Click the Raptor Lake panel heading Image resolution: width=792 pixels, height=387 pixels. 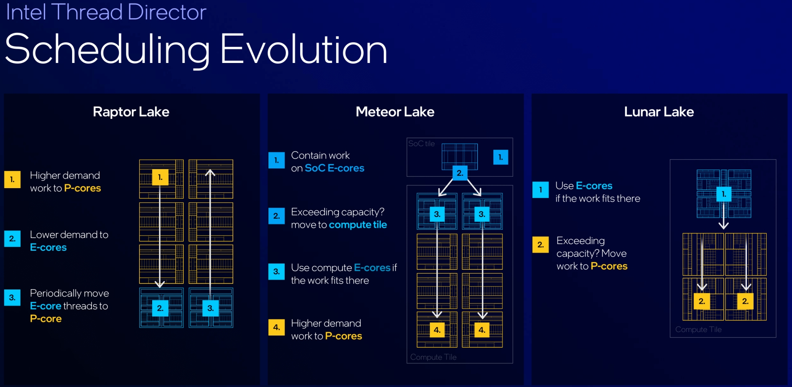pyautogui.click(x=131, y=112)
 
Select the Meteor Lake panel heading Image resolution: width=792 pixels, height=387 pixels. pyautogui.click(x=395, y=112)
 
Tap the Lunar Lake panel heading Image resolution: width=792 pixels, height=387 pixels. pyautogui.click(x=659, y=112)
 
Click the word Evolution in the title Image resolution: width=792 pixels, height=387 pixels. pyautogui.click(x=303, y=50)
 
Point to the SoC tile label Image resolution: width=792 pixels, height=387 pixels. pyautogui.click(x=421, y=143)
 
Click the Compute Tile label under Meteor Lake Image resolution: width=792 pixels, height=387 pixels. pyautogui.click(x=433, y=357)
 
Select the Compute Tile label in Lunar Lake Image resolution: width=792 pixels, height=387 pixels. pyautogui.click(x=698, y=329)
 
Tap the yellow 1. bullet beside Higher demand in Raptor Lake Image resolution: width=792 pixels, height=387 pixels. pyautogui.click(x=12, y=179)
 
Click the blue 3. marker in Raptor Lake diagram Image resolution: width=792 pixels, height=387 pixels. pyautogui.click(x=210, y=308)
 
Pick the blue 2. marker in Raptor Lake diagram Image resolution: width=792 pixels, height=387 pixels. pyautogui.click(x=160, y=308)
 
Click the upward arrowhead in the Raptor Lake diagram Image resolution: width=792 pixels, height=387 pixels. pyautogui.click(x=210, y=173)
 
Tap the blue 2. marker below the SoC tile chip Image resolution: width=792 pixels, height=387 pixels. pyautogui.click(x=460, y=173)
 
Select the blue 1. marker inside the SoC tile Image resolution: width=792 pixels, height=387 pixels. pyautogui.click(x=501, y=157)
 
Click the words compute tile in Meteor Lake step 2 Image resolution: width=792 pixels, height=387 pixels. pyautogui.click(x=358, y=225)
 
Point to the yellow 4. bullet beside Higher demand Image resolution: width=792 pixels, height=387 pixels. pyautogui.click(x=276, y=327)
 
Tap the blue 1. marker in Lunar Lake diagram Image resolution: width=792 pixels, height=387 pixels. pyautogui.click(x=724, y=194)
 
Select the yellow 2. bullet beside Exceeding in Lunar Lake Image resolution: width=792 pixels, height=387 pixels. pyautogui.click(x=541, y=245)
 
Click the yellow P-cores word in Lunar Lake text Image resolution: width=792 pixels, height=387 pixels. pyautogui.click(x=609, y=266)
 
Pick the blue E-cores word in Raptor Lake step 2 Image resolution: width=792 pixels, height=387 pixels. pyautogui.click(x=48, y=247)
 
